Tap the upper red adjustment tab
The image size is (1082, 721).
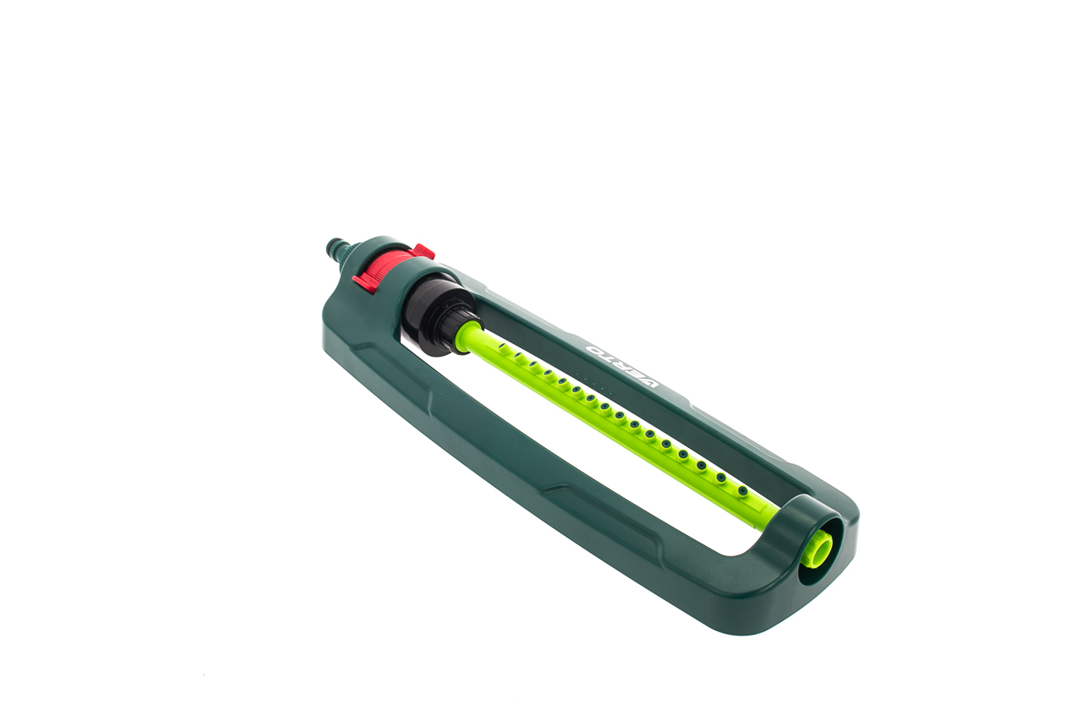click(424, 251)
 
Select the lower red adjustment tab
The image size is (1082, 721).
click(364, 283)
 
